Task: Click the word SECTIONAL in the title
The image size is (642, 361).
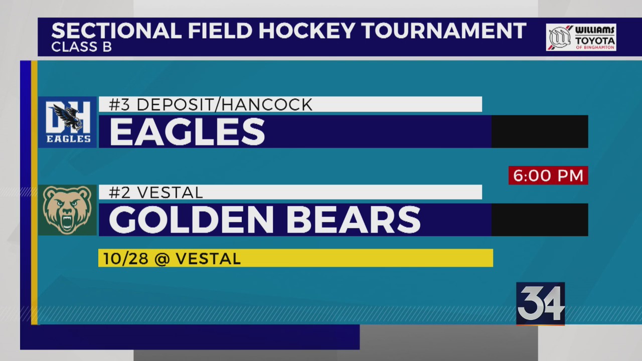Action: [116, 31]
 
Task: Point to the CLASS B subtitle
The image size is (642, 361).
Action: [81, 48]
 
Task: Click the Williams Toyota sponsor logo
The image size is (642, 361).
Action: [581, 38]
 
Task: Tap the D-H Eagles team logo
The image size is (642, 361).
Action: [68, 122]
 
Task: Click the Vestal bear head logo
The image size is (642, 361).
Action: [68, 210]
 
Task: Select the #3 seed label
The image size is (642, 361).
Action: [119, 105]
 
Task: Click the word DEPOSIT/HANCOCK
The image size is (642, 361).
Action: [224, 105]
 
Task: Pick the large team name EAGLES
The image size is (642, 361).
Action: [187, 132]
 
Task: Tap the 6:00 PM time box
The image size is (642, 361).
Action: [548, 175]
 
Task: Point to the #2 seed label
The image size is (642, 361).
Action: [119, 193]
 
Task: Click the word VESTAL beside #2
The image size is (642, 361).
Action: [169, 193]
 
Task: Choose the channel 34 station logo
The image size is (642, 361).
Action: [541, 303]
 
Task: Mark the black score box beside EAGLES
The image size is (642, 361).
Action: [539, 132]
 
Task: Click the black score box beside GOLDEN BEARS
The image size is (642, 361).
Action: [539, 220]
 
